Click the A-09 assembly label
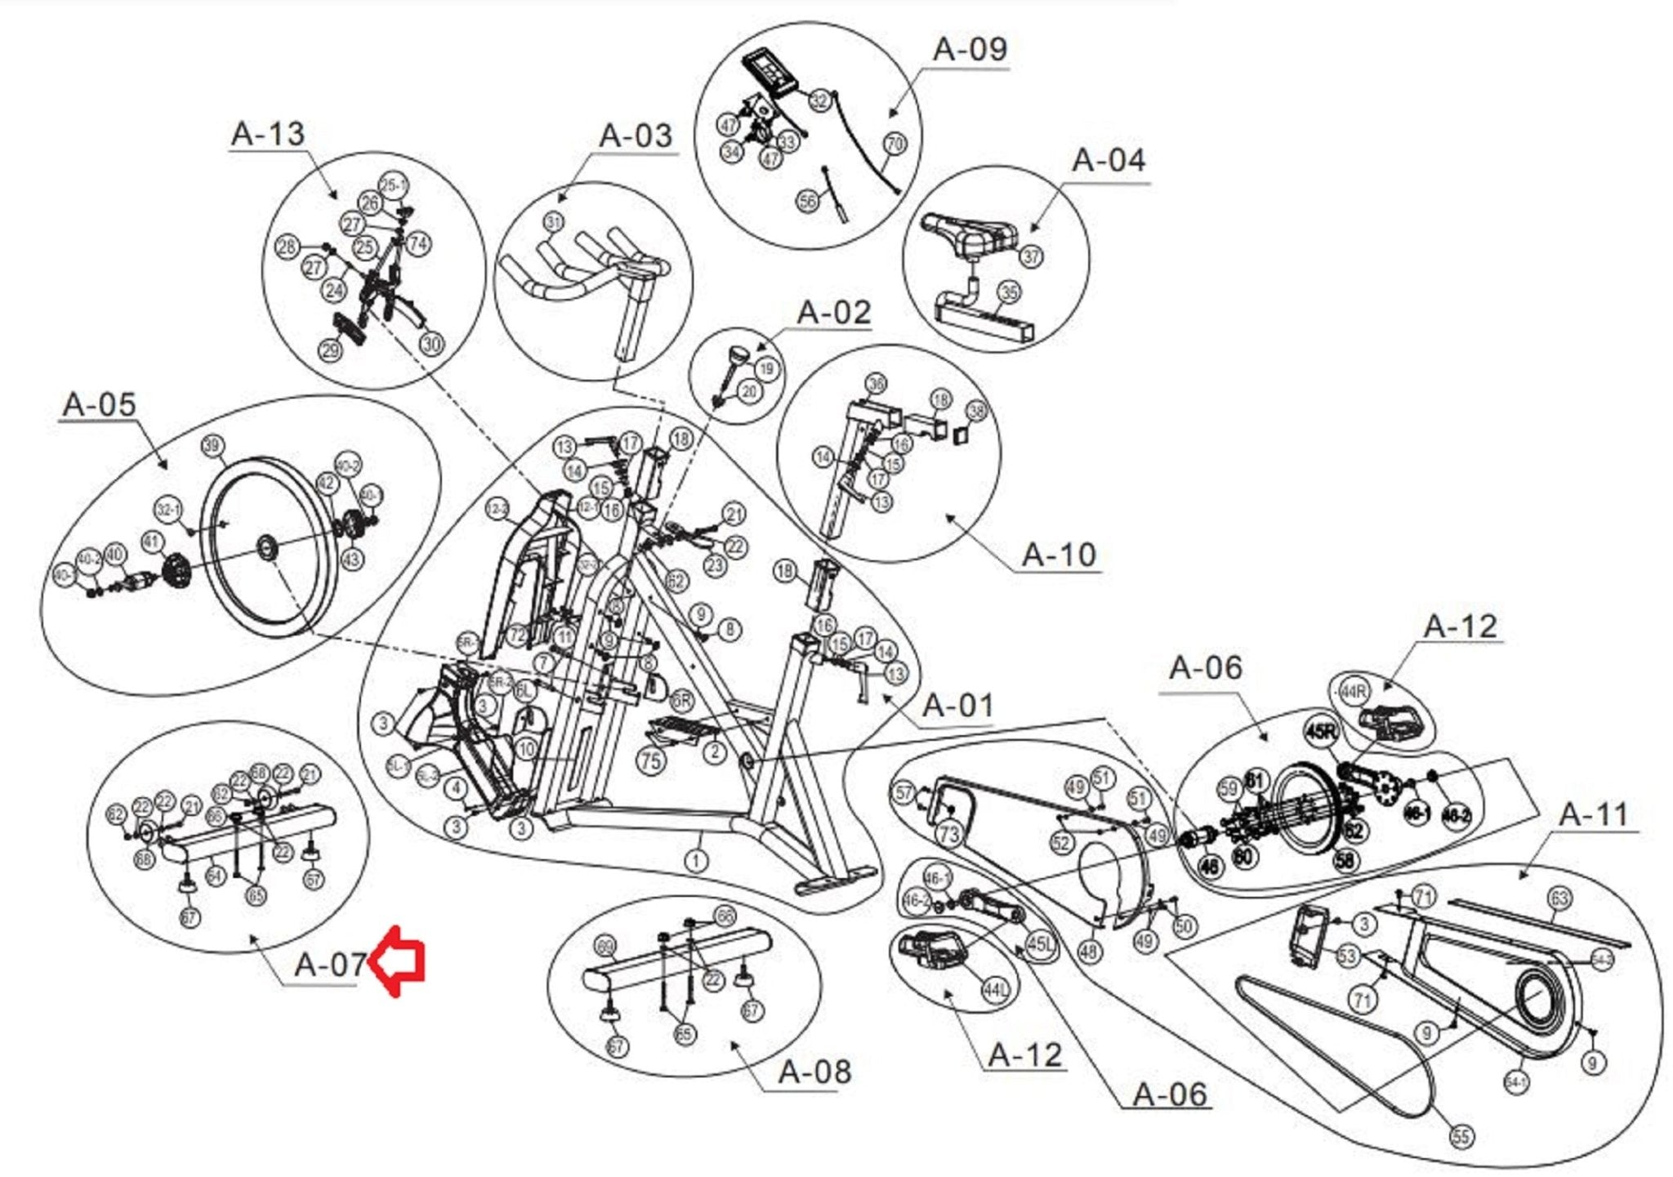970,49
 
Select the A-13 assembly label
268,133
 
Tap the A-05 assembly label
99,404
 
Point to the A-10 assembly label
1059,555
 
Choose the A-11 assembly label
1594,814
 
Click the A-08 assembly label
814,1071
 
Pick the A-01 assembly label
957,705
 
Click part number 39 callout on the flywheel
212,446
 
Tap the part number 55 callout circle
1461,1136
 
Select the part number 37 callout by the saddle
1032,256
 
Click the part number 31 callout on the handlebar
554,222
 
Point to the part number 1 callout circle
695,860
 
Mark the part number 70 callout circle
895,144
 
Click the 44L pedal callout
995,990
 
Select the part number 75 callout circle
651,761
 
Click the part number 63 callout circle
1559,898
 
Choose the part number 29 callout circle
330,350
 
